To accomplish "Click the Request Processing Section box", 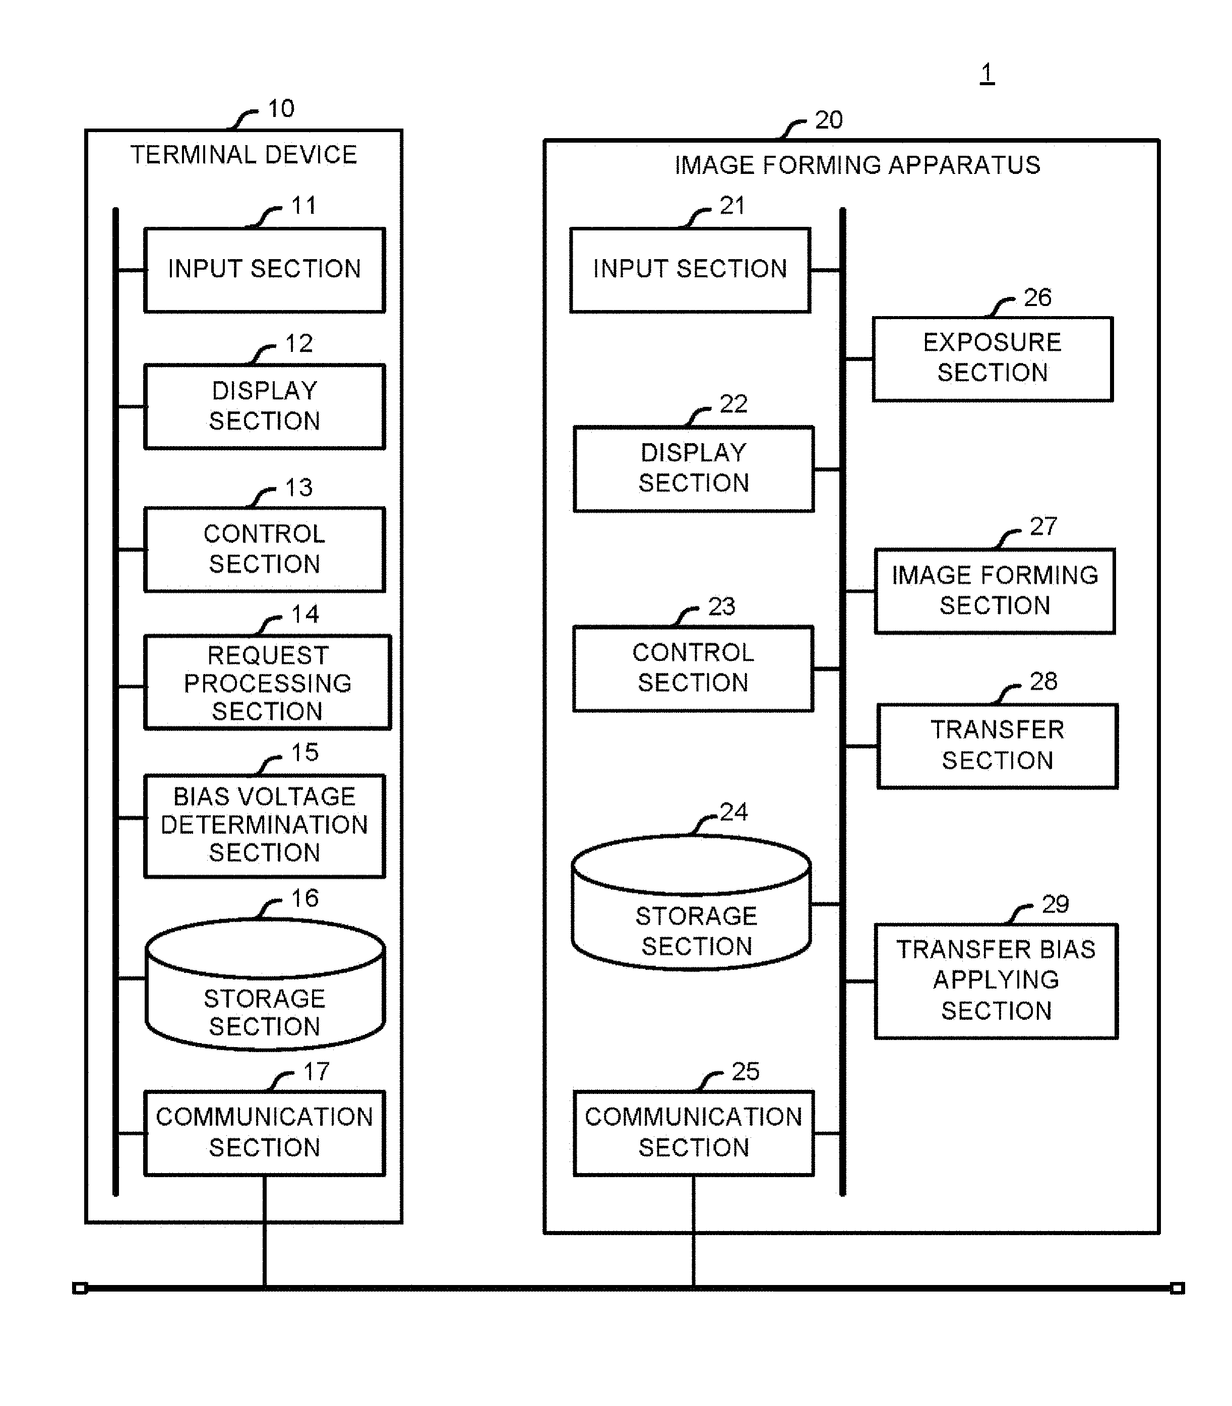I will coord(268,682).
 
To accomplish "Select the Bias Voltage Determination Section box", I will coord(265,825).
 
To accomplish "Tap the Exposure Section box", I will coord(992,358).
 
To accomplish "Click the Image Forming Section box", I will coord(994,591).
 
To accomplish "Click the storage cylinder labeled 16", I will coord(265,985).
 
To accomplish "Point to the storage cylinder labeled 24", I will coord(692,903).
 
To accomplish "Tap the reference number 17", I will coord(316,1071).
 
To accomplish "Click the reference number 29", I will coord(1055,903).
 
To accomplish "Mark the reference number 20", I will coord(828,120).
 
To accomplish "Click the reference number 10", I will coord(280,108).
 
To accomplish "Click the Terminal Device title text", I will coord(244,155).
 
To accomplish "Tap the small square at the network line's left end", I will coord(80,1288).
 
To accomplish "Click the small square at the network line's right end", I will coord(1177,1288).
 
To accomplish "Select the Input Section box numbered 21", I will coord(690,270).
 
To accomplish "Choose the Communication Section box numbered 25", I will coord(694,1132).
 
